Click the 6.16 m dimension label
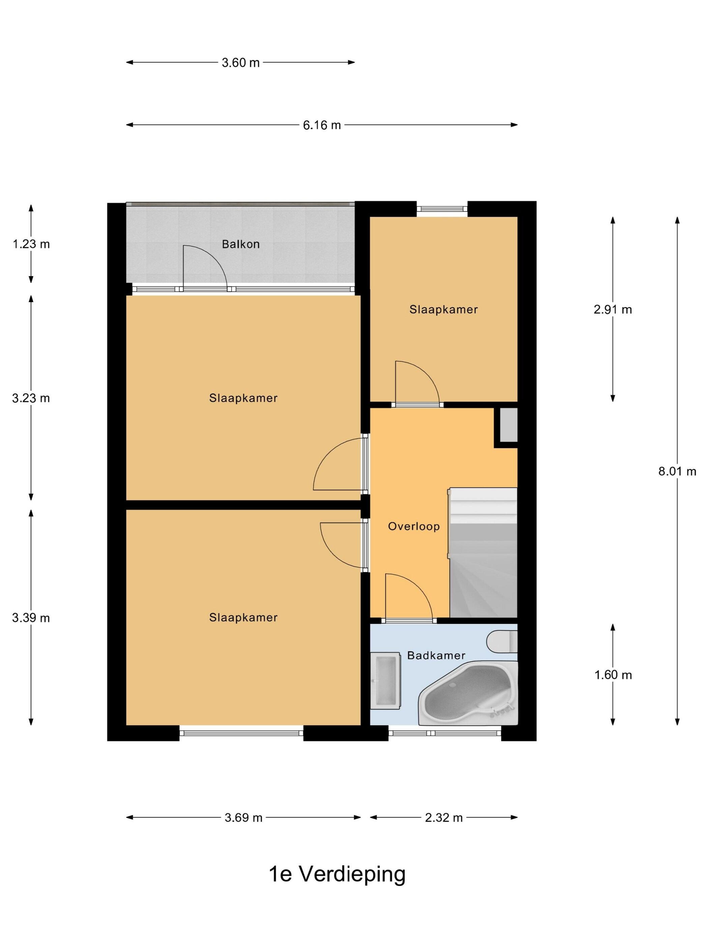coord(321,125)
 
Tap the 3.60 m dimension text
coord(240,63)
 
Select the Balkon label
coord(240,244)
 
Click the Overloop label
coord(413,526)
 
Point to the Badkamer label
coord(436,655)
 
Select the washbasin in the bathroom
coord(385,680)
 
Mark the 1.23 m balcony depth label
coord(31,244)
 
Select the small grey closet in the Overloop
coord(508,424)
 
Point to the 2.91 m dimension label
coord(612,309)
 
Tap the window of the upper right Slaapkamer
coord(442,209)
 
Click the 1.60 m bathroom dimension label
coord(612,675)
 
